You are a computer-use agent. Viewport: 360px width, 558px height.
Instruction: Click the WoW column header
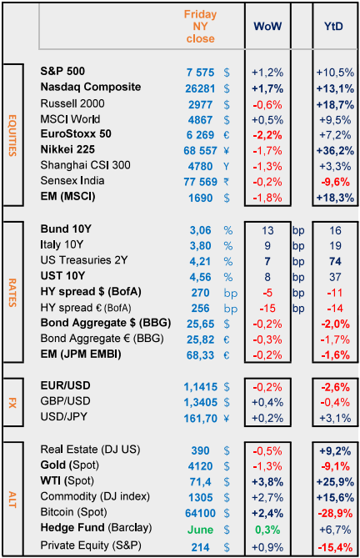coord(267,26)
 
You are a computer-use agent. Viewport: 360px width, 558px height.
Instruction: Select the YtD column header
coord(333,26)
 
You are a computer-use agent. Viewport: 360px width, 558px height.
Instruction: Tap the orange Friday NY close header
coord(201,27)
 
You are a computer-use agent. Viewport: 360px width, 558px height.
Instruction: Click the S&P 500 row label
coord(62,71)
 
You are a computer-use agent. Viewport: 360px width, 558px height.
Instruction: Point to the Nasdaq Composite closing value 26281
coord(200,88)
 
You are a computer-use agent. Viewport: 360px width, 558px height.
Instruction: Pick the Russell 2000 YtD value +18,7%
coord(335,104)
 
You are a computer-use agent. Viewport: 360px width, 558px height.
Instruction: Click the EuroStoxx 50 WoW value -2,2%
coord(267,135)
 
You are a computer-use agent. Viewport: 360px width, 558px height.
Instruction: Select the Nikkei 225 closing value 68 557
coord(200,151)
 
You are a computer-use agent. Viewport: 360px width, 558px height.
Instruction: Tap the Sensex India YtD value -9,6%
coord(335,182)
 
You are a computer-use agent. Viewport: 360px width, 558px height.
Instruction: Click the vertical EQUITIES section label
coord(12,135)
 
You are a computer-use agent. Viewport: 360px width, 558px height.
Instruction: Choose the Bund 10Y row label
coord(66,229)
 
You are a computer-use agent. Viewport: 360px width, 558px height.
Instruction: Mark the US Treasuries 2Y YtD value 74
coord(335,262)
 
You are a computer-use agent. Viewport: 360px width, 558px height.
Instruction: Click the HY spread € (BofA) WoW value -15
coord(267,308)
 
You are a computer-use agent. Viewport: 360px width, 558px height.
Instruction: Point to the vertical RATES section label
coord(12,293)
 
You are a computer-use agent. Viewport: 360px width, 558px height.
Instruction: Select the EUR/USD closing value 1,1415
coord(201,387)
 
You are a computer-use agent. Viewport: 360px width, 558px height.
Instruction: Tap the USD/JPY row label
coord(64,416)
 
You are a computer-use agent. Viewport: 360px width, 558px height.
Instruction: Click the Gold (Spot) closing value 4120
coord(201,466)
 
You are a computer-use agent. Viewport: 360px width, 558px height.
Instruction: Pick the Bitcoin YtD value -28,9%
coord(335,513)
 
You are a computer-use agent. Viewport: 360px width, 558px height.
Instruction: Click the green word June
coord(200,530)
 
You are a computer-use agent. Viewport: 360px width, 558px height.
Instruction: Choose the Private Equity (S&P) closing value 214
coord(201,547)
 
